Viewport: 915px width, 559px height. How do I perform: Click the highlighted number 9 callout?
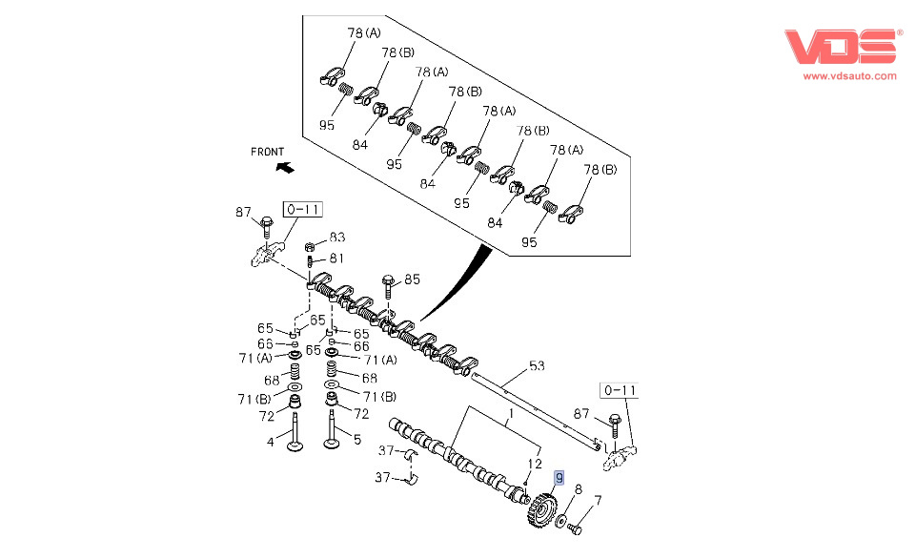559,478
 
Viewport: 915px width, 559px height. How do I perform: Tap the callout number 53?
537,365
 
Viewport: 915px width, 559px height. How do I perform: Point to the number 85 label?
412,279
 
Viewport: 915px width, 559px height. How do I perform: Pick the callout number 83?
337,238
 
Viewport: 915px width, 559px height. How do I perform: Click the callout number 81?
337,258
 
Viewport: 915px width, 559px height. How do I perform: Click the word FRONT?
268,152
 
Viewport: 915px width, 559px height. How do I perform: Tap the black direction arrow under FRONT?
283,168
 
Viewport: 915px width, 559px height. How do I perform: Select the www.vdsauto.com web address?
849,75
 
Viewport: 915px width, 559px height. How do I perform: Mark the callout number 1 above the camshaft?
510,414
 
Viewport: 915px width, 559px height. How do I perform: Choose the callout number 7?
598,500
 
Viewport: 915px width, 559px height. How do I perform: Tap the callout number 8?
578,489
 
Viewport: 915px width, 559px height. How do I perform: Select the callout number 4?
270,441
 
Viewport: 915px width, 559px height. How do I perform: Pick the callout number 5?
356,441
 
